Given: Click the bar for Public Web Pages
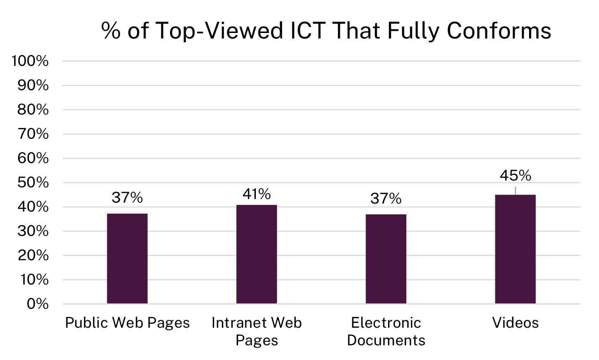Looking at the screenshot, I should (x=127, y=258).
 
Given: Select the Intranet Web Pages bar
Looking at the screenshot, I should (x=257, y=254).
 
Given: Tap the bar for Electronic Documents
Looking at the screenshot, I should (x=386, y=258).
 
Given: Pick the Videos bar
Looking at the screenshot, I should (x=515, y=249).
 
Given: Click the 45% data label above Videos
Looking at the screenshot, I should (x=515, y=176).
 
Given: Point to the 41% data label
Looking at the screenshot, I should (x=257, y=194).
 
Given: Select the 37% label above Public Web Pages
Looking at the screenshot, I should (x=127, y=198).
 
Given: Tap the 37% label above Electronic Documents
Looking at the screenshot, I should (x=386, y=199).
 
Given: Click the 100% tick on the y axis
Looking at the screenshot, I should (x=30, y=61).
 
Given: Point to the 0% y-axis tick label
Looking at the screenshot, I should (x=37, y=304).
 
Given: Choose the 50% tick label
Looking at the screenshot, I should (x=33, y=182).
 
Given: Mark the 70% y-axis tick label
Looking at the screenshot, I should (x=33, y=134).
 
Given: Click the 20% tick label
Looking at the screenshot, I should (x=33, y=256).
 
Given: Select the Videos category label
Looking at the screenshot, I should (x=515, y=323).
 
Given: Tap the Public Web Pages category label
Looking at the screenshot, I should (x=127, y=323).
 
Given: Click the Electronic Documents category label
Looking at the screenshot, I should (x=386, y=331).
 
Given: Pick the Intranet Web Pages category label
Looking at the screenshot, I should (x=257, y=331).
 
